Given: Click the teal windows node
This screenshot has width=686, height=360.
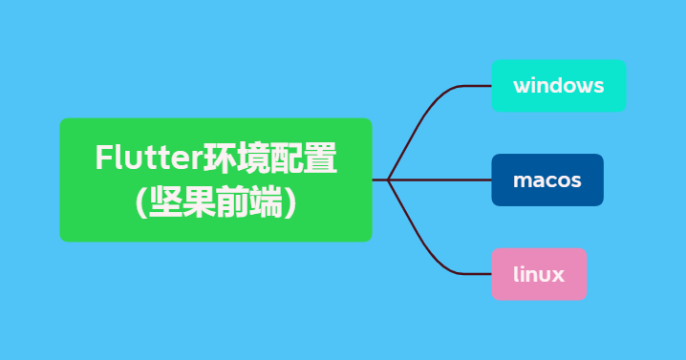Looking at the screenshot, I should click(x=558, y=86).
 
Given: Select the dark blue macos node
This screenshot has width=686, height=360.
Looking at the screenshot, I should click(x=547, y=180).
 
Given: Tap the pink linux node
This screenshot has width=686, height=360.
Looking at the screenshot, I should click(x=538, y=275).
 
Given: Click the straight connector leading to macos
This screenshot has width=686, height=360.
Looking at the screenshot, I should click(x=439, y=180).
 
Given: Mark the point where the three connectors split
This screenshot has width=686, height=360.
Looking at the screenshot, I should click(x=388, y=180).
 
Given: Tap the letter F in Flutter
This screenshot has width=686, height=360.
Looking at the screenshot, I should click(x=102, y=158).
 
